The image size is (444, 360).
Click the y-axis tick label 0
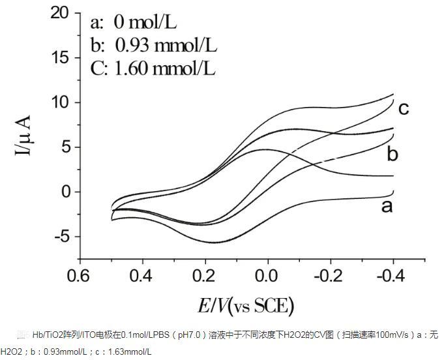pyautogui.click(x=64, y=192)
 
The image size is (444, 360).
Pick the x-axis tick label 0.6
pyautogui.click(x=78, y=276)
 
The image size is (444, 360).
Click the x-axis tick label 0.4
pyautogui.click(x=140, y=276)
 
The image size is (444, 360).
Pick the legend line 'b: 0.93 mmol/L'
pyautogui.click(x=153, y=45)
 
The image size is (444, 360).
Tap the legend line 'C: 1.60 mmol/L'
pyautogui.click(x=153, y=68)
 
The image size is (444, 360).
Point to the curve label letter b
pyautogui.click(x=392, y=155)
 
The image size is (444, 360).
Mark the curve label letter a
pyautogui.click(x=387, y=206)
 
